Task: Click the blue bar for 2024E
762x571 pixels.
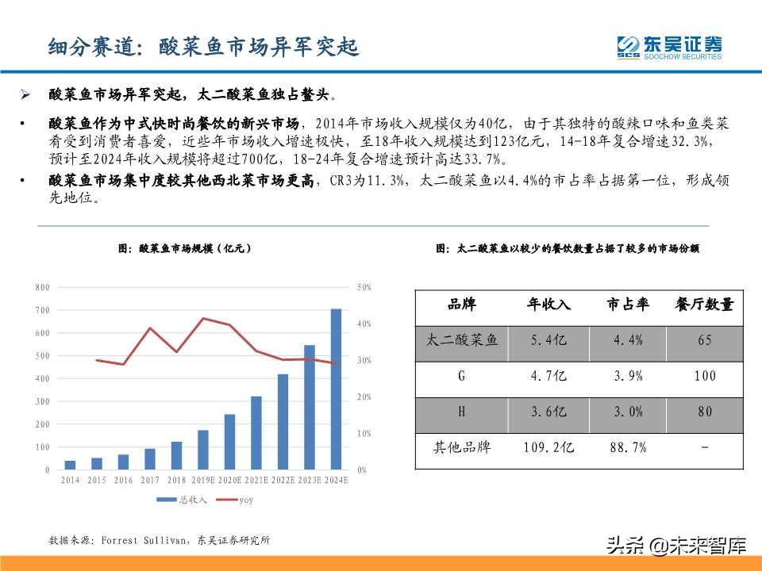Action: coord(336,389)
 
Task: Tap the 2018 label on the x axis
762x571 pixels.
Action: coord(176,481)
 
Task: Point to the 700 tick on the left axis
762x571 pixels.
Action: coord(41,310)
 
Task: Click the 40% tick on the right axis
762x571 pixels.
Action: coord(364,324)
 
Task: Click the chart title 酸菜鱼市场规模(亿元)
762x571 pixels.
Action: coord(185,248)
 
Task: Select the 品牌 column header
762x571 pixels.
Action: coord(462,305)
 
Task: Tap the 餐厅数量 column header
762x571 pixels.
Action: coord(704,305)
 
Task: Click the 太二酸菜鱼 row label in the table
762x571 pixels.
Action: coord(462,340)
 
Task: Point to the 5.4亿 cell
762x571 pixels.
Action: coord(548,340)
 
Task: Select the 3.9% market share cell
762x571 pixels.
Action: coord(628,376)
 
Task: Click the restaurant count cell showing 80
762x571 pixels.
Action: coord(704,412)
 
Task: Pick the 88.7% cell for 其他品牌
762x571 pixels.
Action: coord(628,448)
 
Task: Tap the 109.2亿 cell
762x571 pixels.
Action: coord(548,448)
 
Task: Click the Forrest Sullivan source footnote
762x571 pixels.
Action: coord(160,541)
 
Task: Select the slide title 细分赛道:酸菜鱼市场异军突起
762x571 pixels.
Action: coord(203,48)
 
